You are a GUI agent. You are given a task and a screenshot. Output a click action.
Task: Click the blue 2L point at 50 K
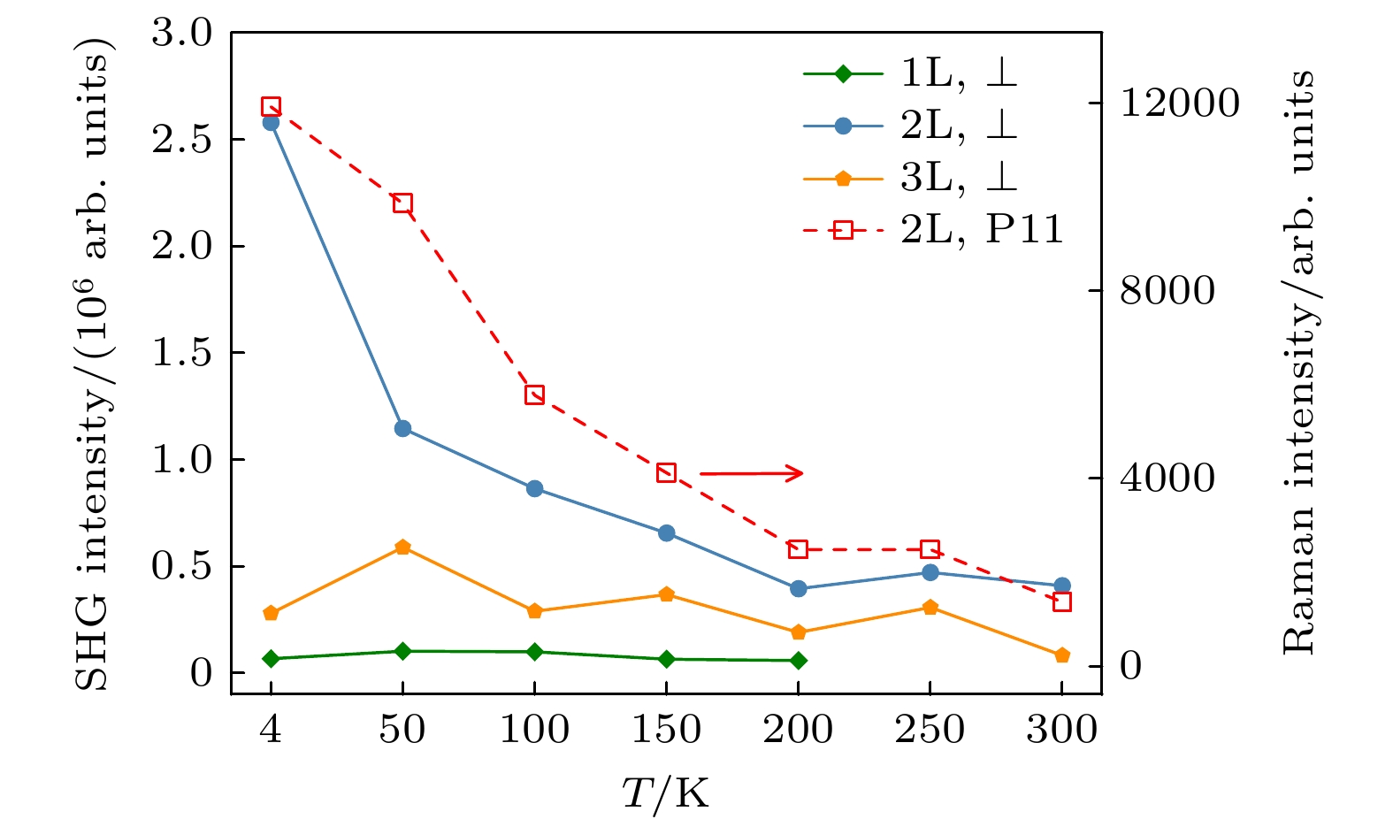point(402,429)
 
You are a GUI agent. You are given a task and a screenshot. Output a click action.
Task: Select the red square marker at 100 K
point(534,394)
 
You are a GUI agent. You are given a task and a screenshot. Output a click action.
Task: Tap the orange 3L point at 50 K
point(402,548)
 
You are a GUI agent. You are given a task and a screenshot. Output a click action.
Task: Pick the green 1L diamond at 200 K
point(798,661)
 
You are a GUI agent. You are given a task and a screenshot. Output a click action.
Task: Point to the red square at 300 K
point(1062,602)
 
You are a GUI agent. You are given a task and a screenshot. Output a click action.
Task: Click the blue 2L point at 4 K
point(271,122)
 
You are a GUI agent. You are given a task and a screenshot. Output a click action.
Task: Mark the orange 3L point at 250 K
point(930,608)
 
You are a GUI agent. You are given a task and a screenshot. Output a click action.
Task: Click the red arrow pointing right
point(751,474)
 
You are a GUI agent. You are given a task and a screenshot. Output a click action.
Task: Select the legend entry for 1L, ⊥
point(911,73)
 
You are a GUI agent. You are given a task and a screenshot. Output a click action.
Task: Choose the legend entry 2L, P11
point(932,230)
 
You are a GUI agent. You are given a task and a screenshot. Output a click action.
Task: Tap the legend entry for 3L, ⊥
point(911,178)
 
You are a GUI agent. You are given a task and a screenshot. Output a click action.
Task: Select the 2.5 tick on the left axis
point(182,140)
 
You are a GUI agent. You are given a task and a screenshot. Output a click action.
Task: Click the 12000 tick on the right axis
point(1179,103)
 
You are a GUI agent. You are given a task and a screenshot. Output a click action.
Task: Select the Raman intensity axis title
point(1297,363)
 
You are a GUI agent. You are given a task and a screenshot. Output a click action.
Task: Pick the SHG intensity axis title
point(93,363)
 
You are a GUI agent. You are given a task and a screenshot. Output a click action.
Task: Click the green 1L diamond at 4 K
point(271,659)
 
